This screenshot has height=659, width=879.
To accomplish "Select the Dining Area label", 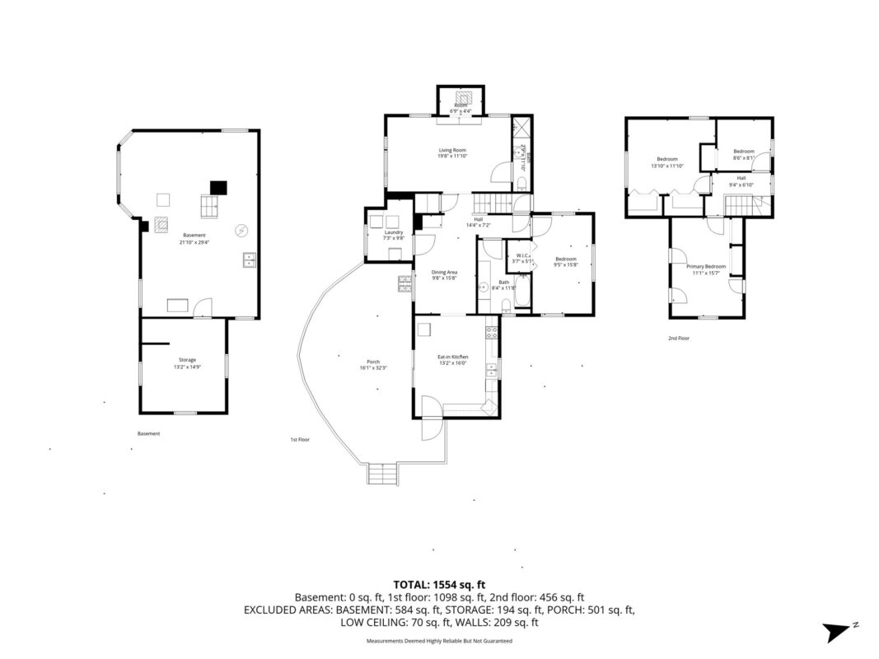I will pos(445,275).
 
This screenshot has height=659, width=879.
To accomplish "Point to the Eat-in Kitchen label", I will pos(452,359).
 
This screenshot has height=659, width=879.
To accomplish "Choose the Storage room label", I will pos(187,362).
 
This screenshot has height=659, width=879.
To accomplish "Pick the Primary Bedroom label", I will pos(706,269).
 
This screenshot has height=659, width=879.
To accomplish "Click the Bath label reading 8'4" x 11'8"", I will pos(503,284).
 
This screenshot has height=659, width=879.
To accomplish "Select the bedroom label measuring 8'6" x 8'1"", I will pos(744,154).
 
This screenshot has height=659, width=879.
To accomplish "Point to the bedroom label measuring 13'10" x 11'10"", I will pos(667,162).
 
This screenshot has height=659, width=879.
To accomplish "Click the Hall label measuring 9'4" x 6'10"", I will pos(741,181).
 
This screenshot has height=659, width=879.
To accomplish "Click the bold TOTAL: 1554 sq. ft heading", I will pos(439,582).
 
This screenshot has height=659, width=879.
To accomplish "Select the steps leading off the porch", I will pos(382,474).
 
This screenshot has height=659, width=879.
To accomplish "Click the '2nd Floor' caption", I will pos(679,338).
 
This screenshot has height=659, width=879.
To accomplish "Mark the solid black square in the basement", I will pos(217,187).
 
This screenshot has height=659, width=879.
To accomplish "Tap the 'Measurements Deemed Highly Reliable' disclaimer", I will pos(439,640).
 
